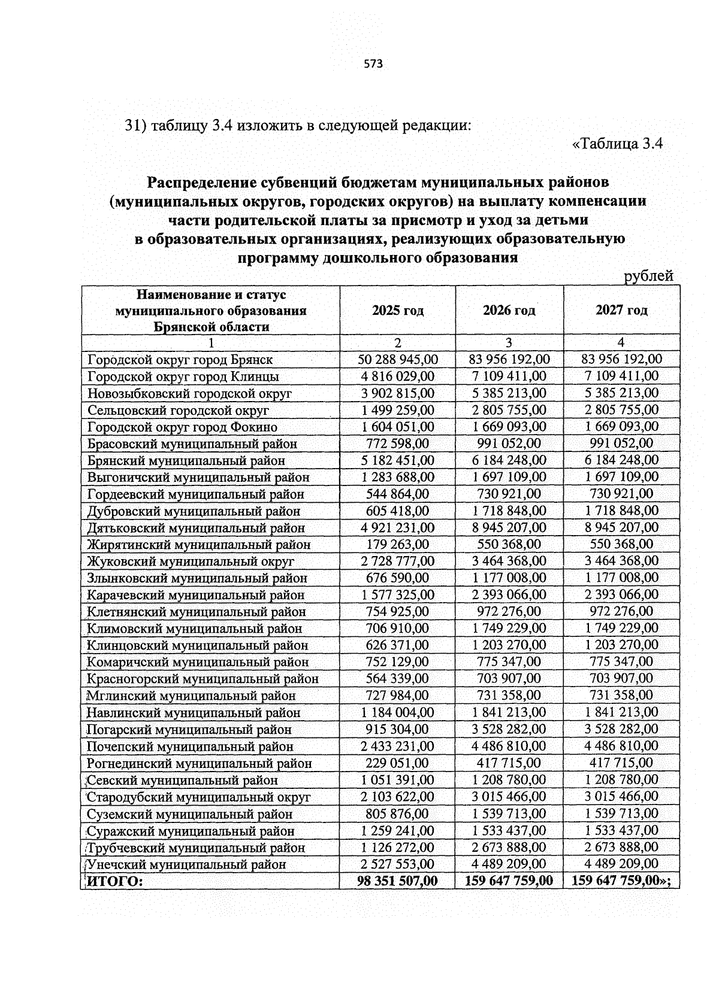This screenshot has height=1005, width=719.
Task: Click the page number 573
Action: coord(373,64)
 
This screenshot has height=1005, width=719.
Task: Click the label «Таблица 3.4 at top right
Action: coord(617,144)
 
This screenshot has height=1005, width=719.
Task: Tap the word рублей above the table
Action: coord(648,276)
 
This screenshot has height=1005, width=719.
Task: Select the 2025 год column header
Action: coord(397,310)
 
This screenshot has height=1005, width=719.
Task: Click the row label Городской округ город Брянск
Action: coord(180,360)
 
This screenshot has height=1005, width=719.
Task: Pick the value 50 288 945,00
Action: coord(397,359)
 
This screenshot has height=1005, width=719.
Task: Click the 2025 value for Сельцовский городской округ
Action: coord(397,410)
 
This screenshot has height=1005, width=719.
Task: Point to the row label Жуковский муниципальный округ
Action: coord(191,561)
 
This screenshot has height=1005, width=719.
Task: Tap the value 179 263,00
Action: coord(397,544)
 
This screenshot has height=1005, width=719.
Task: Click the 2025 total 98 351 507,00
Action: coord(397,880)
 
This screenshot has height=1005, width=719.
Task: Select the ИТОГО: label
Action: coord(116,880)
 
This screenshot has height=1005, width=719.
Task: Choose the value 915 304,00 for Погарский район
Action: coord(397,729)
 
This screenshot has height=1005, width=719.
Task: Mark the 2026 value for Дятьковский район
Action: coord(509,527)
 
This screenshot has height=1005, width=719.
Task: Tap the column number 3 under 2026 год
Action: coord(509,342)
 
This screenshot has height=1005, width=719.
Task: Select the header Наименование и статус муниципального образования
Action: coord(211,310)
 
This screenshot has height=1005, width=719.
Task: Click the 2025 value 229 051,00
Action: coord(397,763)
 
